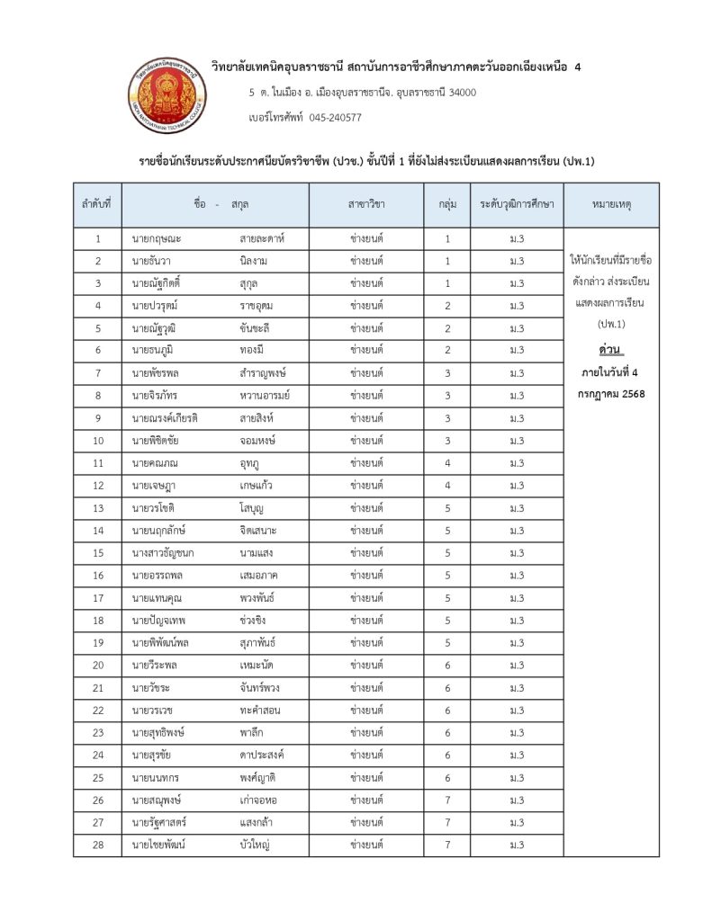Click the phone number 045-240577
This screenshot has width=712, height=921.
click(x=335, y=117)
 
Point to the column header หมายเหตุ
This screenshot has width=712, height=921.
click(x=611, y=205)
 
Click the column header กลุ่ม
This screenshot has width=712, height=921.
click(x=446, y=205)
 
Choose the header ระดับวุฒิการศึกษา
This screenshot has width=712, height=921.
click(x=517, y=205)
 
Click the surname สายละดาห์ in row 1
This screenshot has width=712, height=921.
click(x=262, y=238)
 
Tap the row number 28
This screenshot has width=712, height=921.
click(x=97, y=845)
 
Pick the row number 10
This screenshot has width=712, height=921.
click(x=97, y=441)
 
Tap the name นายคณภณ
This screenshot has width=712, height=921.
click(x=155, y=463)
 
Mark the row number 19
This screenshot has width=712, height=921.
click(x=97, y=643)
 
